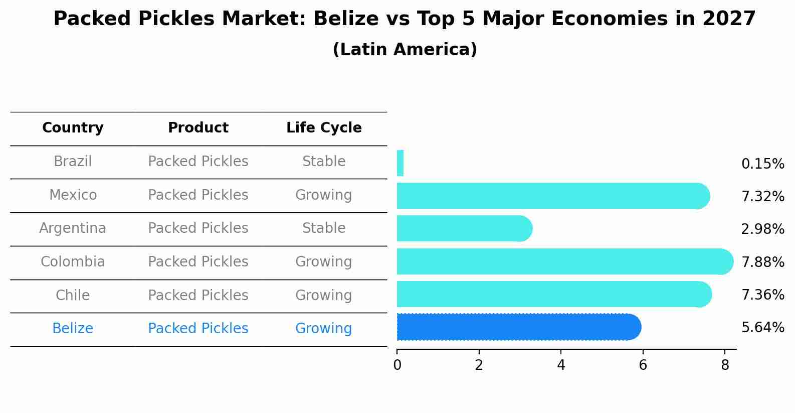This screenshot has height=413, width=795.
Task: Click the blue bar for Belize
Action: [x=518, y=327]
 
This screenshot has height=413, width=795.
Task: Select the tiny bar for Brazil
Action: [x=400, y=163]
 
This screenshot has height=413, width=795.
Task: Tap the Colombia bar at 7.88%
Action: [x=564, y=261]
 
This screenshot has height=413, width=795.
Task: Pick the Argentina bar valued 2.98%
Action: [x=464, y=228]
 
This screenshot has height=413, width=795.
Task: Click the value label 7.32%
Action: [x=762, y=196]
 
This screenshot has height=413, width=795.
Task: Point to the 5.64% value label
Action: [x=762, y=328]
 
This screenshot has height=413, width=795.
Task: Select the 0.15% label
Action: [x=762, y=164]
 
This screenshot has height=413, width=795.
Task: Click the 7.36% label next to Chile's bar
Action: [x=762, y=295]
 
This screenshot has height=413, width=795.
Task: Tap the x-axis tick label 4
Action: [x=561, y=365]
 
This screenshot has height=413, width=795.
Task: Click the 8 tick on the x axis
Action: [x=725, y=365]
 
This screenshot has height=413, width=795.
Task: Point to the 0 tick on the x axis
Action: [x=397, y=365]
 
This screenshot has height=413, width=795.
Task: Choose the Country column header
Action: [x=73, y=128]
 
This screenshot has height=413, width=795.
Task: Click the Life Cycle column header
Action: [x=324, y=128]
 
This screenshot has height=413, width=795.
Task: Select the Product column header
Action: [x=198, y=128]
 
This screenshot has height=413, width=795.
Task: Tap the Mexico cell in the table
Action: [x=73, y=195]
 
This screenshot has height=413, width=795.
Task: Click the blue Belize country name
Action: [x=73, y=329]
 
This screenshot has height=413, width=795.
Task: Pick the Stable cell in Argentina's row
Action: [x=324, y=228]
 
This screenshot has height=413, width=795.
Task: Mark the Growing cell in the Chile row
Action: [x=324, y=295]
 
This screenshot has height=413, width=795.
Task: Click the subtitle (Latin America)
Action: [x=405, y=49]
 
